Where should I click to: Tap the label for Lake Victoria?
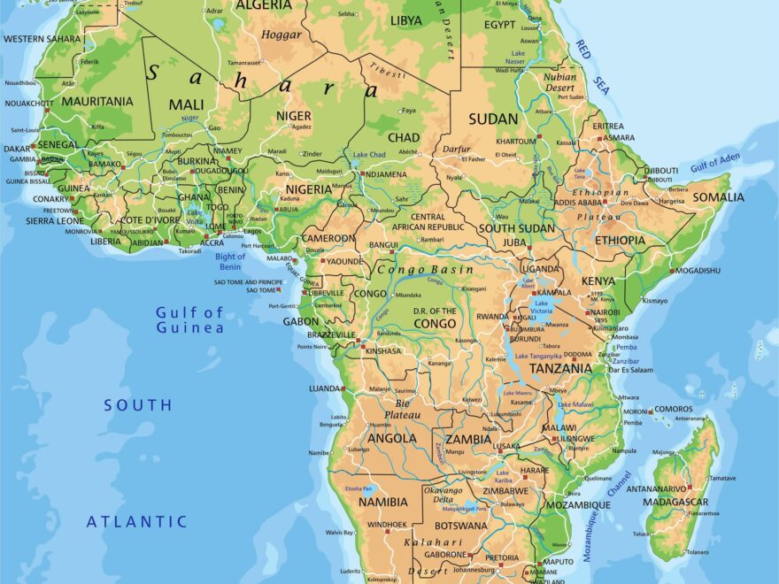point(541,307)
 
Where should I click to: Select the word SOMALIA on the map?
point(719,197)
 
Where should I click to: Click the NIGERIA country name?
point(308,189)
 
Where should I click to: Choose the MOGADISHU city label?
point(698,270)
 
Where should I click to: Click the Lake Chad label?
point(369,155)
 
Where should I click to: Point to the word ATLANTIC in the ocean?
point(136,522)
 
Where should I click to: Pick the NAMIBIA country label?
point(383,502)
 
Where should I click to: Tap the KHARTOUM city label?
point(515,142)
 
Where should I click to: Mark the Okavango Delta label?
point(443,496)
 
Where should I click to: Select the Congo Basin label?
point(425,269)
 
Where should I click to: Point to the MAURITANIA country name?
point(97,101)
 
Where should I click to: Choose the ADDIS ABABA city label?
point(579,203)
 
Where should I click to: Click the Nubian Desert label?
point(559,82)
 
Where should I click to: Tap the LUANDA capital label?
point(325,388)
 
